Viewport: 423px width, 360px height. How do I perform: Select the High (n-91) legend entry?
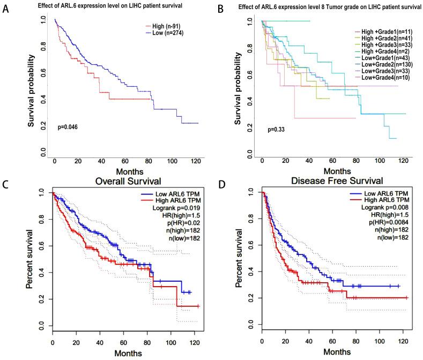tap(164, 26)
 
